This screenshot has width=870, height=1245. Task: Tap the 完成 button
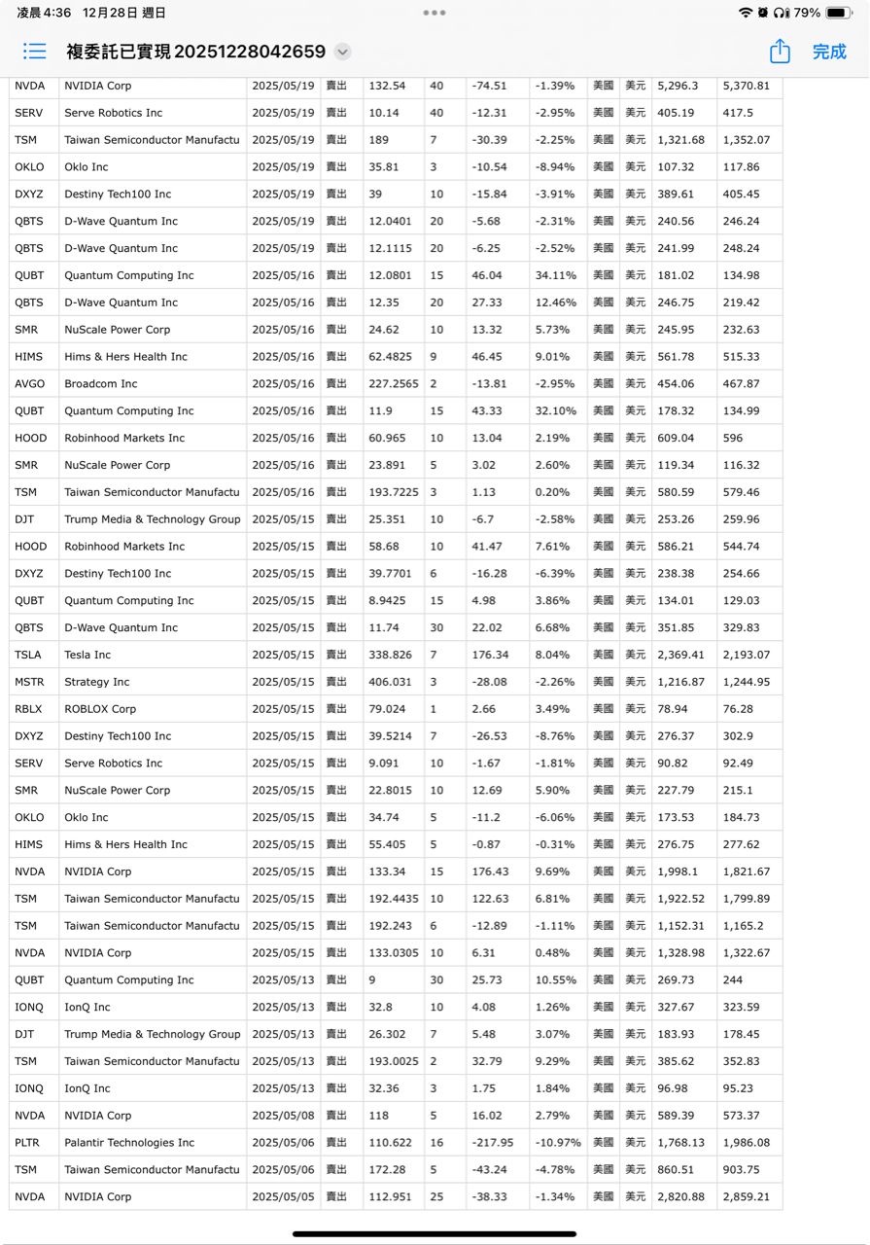(x=828, y=52)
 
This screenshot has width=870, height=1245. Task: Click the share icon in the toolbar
(x=779, y=52)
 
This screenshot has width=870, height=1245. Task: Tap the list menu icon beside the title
(x=35, y=52)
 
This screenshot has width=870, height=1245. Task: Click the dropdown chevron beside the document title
(x=342, y=53)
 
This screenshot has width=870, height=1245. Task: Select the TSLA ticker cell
(x=26, y=655)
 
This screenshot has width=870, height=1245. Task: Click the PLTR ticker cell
(x=27, y=1143)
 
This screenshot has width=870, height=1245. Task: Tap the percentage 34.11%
(x=555, y=275)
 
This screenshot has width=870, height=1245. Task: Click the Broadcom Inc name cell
(x=101, y=384)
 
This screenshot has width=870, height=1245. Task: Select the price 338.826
(x=391, y=655)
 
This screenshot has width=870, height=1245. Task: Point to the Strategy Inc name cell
(x=97, y=682)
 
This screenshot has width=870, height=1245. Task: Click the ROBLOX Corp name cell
(x=100, y=709)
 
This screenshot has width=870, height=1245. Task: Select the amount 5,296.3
(x=678, y=86)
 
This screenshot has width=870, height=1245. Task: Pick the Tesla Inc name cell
(x=87, y=655)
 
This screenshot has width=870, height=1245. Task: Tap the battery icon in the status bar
(x=839, y=13)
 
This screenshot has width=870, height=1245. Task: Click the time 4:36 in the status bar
(x=56, y=13)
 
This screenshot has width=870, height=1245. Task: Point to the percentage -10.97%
(x=555, y=1143)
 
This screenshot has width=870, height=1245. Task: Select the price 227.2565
(x=394, y=384)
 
